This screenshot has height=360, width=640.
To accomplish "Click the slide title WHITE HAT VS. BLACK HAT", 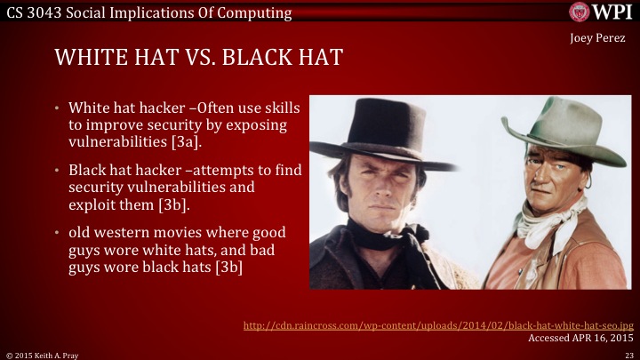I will (199, 58).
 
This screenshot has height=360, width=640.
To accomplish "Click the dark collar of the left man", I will (373, 240).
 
